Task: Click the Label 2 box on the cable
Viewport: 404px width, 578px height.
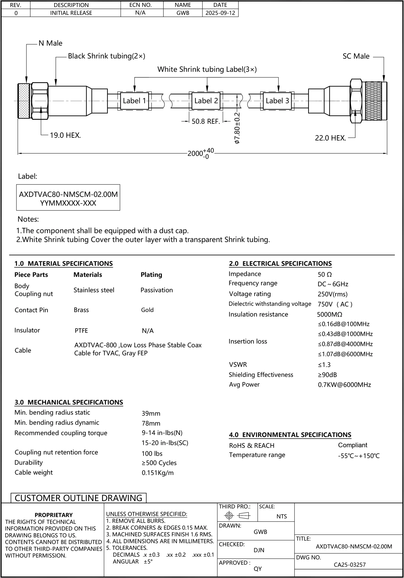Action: pyautogui.click(x=206, y=101)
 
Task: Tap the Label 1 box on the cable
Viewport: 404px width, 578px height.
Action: pyautogui.click(x=134, y=101)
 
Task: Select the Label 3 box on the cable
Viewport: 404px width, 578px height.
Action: pyautogui.click(x=277, y=101)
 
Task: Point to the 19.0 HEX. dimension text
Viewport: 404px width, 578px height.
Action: pyautogui.click(x=65, y=135)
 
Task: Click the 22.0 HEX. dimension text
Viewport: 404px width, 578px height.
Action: pyautogui.click(x=330, y=138)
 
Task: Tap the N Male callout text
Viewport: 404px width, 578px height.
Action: pyautogui.click(x=50, y=43)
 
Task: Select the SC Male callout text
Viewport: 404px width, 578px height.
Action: pyautogui.click(x=356, y=56)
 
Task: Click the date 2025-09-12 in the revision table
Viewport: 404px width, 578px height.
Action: pyautogui.click(x=220, y=13)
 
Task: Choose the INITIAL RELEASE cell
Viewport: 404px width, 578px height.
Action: pyautogui.click(x=71, y=13)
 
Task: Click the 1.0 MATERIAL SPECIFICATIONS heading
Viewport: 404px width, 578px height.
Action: pyautogui.click(x=64, y=263)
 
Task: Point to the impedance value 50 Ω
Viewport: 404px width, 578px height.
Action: pyautogui.click(x=325, y=274)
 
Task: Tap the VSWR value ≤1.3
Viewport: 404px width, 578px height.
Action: pyautogui.click(x=324, y=365)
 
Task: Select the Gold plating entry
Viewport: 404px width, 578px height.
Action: pyautogui.click(x=147, y=310)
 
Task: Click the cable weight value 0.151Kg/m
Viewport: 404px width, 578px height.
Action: pyautogui.click(x=158, y=473)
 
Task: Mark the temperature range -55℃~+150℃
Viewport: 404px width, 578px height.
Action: pyautogui.click(x=359, y=456)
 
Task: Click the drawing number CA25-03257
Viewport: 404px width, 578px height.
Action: pyautogui.click(x=350, y=565)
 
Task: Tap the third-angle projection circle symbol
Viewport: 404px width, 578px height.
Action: pyautogui.click(x=229, y=515)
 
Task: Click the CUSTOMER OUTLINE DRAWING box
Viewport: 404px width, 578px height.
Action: pyautogui.click(x=78, y=498)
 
